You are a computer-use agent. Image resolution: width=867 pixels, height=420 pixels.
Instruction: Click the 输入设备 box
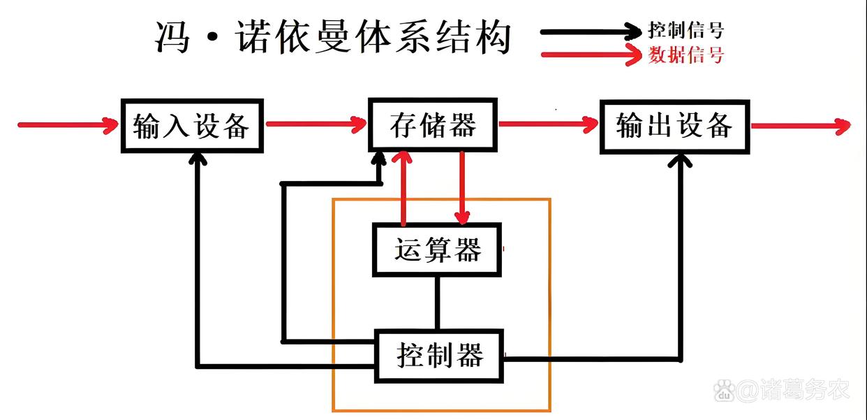click(x=192, y=126)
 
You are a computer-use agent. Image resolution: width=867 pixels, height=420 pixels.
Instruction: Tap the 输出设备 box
click(x=674, y=126)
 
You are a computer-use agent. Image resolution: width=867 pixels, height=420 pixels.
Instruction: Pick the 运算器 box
click(x=437, y=250)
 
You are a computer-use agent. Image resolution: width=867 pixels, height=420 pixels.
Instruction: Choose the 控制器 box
click(x=440, y=356)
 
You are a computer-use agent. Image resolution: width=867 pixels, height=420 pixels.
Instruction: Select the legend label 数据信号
click(x=686, y=55)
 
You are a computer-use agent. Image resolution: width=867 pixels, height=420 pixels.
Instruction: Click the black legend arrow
click(x=590, y=31)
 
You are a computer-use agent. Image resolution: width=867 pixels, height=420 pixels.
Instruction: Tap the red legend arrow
click(x=590, y=55)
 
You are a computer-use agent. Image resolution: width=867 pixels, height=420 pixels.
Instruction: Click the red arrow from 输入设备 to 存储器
click(x=316, y=125)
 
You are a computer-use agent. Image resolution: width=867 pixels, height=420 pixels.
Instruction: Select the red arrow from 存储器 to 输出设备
click(x=548, y=125)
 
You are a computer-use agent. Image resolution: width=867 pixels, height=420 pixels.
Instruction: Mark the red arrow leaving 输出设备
click(x=799, y=126)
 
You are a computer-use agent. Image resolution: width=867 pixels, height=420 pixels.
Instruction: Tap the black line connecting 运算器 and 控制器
click(x=438, y=303)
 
